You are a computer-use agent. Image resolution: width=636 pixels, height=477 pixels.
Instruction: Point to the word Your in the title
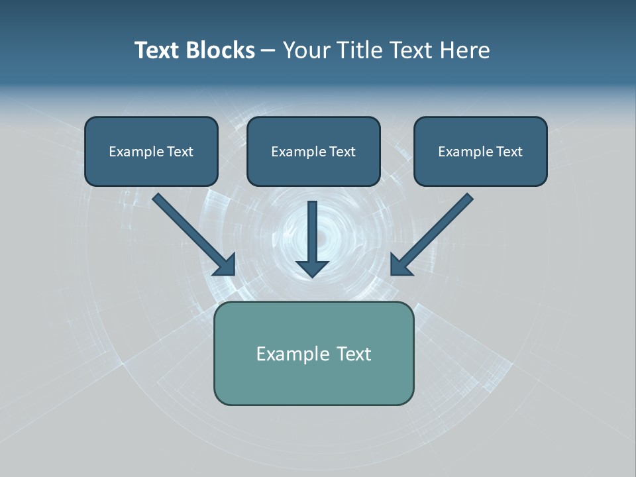[x=307, y=50]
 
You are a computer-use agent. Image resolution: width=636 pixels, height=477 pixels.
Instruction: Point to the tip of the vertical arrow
[x=313, y=276]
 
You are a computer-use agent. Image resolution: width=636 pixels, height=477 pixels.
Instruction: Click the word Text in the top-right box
[x=509, y=152]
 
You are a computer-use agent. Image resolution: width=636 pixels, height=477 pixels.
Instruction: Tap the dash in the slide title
[x=268, y=51]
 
